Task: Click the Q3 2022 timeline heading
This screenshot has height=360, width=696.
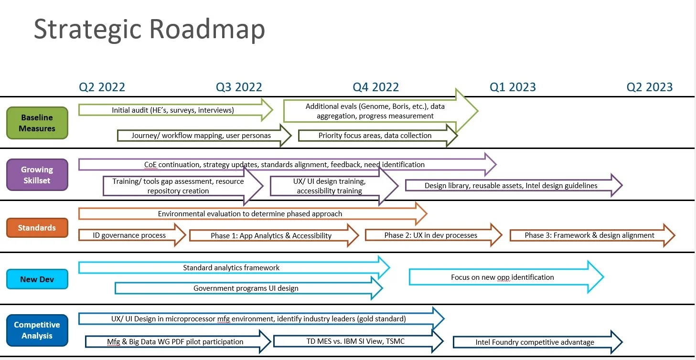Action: pyautogui.click(x=239, y=87)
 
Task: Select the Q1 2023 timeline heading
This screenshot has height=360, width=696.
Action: pyautogui.click(x=513, y=87)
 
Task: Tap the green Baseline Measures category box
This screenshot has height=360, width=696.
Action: pyautogui.click(x=37, y=123)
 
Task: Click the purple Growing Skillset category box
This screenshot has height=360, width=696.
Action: pyautogui.click(x=37, y=175)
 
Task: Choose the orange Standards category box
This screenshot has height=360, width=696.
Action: pyautogui.click(x=37, y=228)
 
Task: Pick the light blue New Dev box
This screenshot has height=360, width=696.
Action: pyautogui.click(x=37, y=279)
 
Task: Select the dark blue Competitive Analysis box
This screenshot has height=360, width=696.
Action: pyautogui.click(x=37, y=330)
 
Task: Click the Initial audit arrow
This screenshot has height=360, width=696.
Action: pyautogui.click(x=173, y=110)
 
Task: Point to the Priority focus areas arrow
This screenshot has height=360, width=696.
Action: pyautogui.click(x=375, y=136)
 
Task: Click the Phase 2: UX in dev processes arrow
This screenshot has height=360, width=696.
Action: pyautogui.click(x=430, y=235)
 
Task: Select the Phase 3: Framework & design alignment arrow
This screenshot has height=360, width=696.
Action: pyautogui.click(x=589, y=235)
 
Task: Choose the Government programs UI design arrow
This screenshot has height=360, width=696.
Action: pyautogui.click(x=246, y=288)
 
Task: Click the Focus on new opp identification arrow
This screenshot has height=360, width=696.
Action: pyautogui.click(x=503, y=277)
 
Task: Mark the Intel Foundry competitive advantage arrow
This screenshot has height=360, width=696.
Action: pyautogui.click(x=535, y=342)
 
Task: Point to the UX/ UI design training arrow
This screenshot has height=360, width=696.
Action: pyautogui.click(x=330, y=186)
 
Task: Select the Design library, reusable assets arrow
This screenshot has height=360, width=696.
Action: pyautogui.click(x=511, y=185)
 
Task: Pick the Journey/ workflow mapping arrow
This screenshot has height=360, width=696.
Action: pyautogui.click(x=201, y=136)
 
